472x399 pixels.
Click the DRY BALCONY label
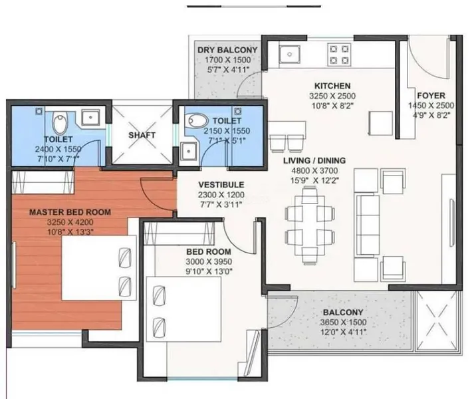pyautogui.click(x=227, y=50)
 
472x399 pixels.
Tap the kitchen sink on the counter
pyautogui.click(x=289, y=55)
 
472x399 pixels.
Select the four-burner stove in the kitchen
pyautogui.click(x=339, y=55)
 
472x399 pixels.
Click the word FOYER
pyautogui.click(x=431, y=96)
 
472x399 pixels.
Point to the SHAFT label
pyautogui.click(x=142, y=135)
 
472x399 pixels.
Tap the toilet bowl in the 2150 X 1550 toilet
pyautogui.click(x=197, y=121)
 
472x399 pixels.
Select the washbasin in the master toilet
pyautogui.click(x=90, y=117)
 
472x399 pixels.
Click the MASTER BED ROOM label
pyautogui.click(x=70, y=212)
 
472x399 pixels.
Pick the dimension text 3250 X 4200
pyautogui.click(x=70, y=222)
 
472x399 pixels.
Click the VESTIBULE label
pyautogui.click(x=221, y=185)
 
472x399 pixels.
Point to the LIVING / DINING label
pyautogui.click(x=314, y=160)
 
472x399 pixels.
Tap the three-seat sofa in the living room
pyautogui.click(x=368, y=225)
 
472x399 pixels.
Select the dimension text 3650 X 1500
pyautogui.click(x=343, y=323)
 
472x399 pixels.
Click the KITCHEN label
pyautogui.click(x=332, y=86)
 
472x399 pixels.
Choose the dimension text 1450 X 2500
pyautogui.click(x=431, y=105)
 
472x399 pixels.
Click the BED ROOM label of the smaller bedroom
pyautogui.click(x=209, y=252)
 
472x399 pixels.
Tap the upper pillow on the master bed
pyautogui.click(x=125, y=257)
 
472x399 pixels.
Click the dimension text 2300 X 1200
pyautogui.click(x=221, y=195)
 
